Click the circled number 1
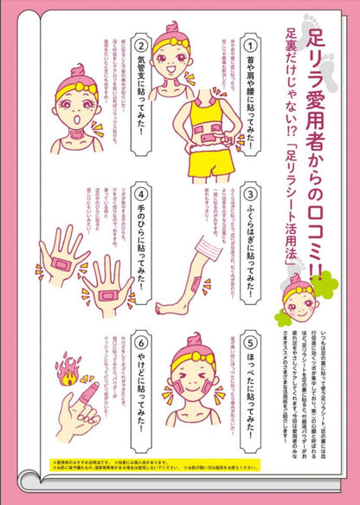[x=249, y=43]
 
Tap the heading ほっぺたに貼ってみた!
[x=249, y=390]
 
